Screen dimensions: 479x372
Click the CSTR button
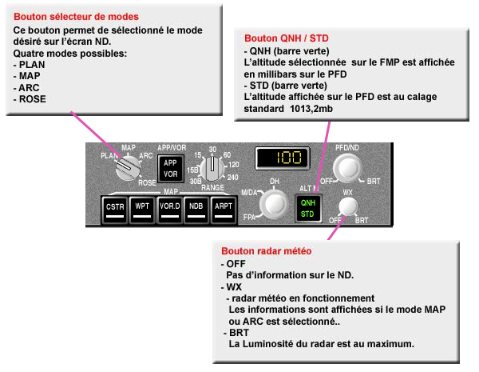115,210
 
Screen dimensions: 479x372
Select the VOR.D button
170,210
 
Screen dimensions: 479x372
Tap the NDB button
196,210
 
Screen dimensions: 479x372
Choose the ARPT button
224,210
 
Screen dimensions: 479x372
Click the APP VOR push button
171,169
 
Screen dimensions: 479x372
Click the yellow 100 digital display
283,158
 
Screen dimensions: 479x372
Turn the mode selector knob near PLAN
128,167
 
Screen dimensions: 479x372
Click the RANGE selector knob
212,169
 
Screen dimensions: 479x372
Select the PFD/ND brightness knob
347,168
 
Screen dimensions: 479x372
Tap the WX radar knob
348,206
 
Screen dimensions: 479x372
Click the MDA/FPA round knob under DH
274,204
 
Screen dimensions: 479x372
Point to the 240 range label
233,178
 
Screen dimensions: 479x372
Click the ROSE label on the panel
147,182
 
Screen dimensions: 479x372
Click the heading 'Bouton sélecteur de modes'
76,17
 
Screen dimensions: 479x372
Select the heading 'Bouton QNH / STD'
287,38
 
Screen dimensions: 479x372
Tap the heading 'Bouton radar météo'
267,251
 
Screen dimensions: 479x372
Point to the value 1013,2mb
311,109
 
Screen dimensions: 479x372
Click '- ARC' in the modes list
26,88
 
